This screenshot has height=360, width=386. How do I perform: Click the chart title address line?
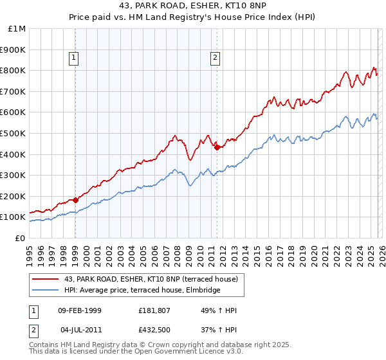point(193,6)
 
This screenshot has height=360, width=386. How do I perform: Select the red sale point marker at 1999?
point(75,200)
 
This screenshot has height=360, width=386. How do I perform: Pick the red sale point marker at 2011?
point(217,147)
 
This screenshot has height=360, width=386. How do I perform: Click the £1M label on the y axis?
point(17,29)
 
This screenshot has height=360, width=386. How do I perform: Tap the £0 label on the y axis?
point(20,238)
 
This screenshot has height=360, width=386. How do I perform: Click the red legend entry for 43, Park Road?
point(151,279)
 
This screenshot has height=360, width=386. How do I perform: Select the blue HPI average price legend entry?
point(142,291)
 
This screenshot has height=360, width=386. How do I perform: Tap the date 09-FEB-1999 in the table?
point(79,310)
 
